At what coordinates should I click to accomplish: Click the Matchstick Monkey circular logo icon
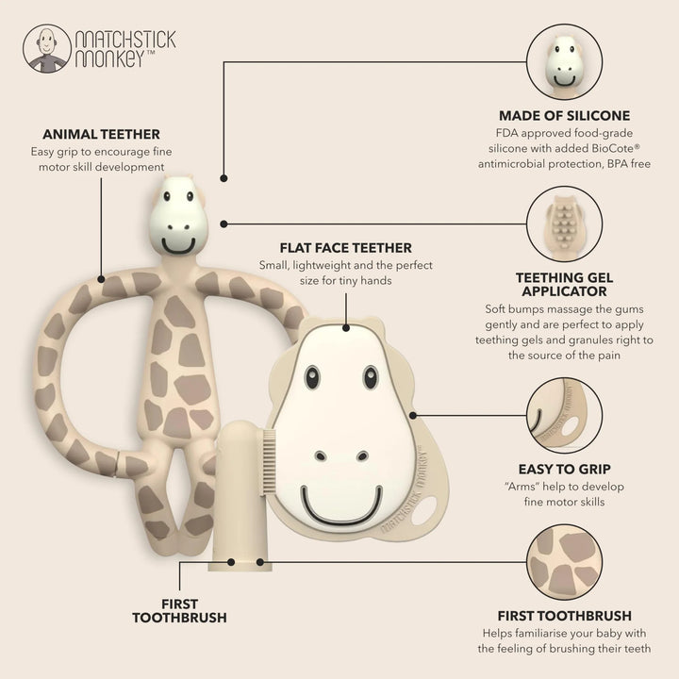point(47,48)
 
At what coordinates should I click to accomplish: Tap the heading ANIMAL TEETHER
point(101,134)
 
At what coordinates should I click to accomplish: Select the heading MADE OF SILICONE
point(564,116)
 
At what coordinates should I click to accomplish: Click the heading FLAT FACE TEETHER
point(345,248)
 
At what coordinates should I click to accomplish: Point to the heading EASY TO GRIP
point(564,469)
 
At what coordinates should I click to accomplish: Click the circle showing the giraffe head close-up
point(564,62)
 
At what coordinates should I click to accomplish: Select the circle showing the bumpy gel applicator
point(564,224)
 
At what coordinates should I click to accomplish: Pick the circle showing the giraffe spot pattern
point(564,562)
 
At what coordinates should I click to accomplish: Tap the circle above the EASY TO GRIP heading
point(564,415)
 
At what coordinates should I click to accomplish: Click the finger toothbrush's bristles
point(270,461)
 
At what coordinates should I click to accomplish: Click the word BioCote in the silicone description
point(615,149)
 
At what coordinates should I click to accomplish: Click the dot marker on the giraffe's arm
point(101,279)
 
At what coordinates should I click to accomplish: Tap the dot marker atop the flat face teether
point(345,328)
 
